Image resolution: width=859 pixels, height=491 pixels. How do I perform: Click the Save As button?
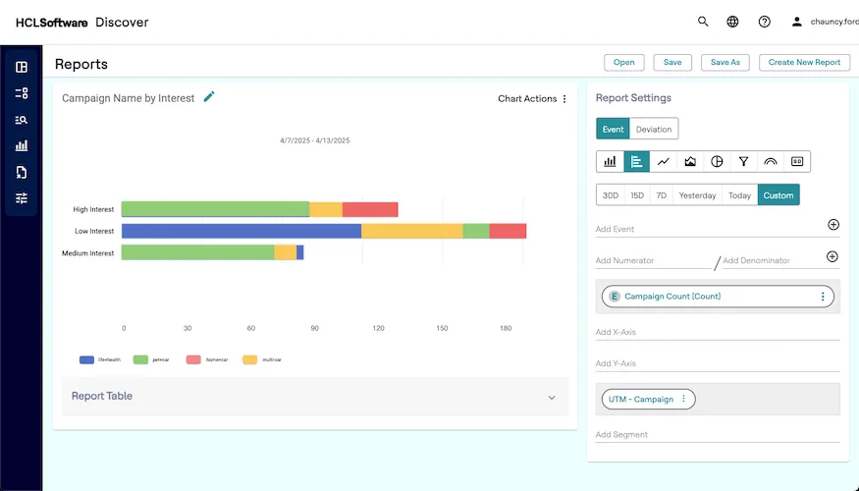click(725, 62)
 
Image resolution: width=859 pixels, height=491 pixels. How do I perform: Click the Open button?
click(624, 62)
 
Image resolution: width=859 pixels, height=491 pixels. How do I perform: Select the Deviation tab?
click(654, 129)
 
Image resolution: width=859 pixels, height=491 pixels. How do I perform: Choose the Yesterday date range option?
click(697, 194)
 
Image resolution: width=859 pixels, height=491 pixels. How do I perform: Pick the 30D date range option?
click(610, 194)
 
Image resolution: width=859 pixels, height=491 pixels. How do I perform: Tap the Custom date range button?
click(778, 194)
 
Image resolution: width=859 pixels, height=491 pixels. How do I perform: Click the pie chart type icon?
click(717, 161)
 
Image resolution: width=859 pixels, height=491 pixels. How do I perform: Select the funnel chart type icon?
click(743, 161)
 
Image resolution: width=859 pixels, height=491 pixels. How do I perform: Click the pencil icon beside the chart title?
click(209, 97)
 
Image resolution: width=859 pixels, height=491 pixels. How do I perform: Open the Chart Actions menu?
click(532, 98)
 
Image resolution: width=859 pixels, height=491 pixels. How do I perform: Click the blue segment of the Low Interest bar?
click(241, 231)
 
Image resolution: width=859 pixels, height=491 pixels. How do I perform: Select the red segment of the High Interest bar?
click(370, 209)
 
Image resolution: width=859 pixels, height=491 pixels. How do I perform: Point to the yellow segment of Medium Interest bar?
click(285, 252)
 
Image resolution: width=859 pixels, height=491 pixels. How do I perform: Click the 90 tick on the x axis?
click(315, 328)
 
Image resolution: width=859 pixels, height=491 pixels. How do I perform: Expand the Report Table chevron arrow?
click(552, 397)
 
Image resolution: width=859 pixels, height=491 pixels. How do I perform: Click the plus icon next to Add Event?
click(832, 225)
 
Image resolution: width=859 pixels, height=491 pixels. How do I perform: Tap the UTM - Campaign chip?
click(640, 399)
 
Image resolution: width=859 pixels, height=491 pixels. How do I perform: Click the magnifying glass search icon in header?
click(703, 22)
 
